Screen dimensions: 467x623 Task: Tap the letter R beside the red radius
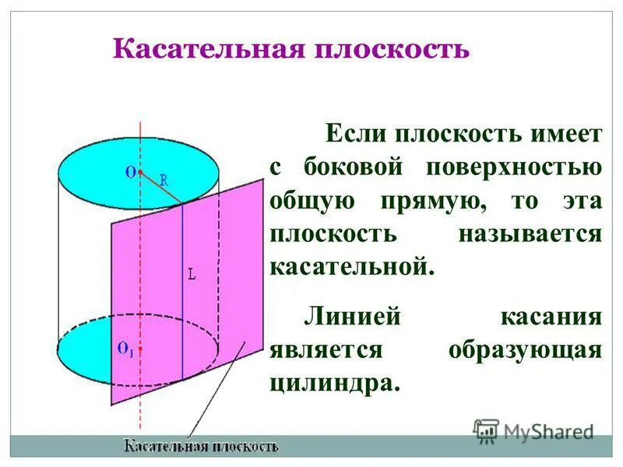tap(164, 179)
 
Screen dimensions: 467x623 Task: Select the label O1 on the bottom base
tap(125, 349)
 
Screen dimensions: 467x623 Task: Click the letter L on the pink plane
tap(192, 274)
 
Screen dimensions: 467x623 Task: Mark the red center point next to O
tap(140, 171)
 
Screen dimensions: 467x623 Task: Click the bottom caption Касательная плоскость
tap(201, 447)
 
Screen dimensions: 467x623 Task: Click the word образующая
tap(525, 349)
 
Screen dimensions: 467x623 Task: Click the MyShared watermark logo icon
tap(486, 430)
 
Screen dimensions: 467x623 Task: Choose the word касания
tap(551, 317)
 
